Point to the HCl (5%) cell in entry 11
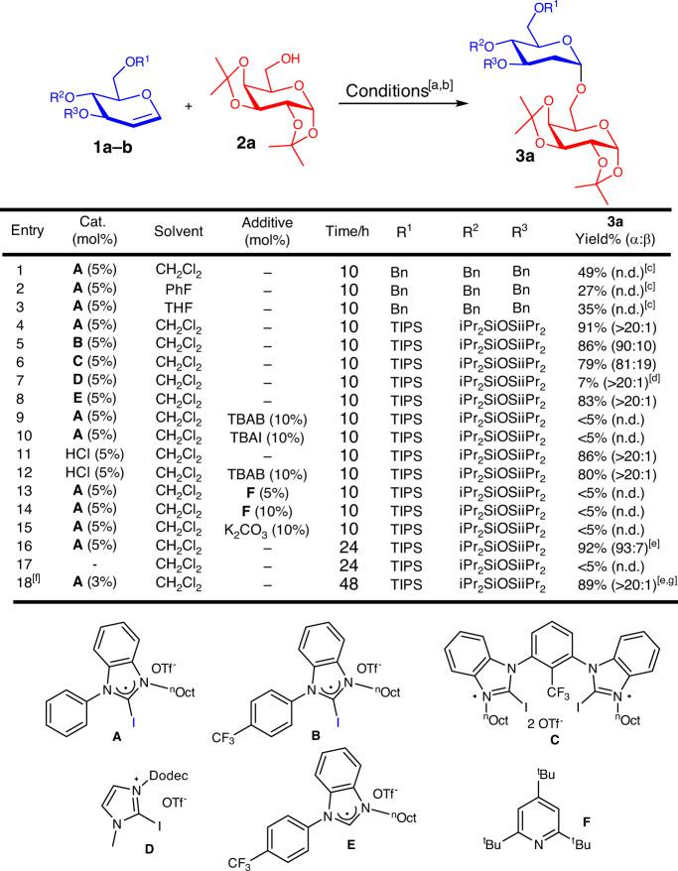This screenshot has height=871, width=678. pos(91,450)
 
